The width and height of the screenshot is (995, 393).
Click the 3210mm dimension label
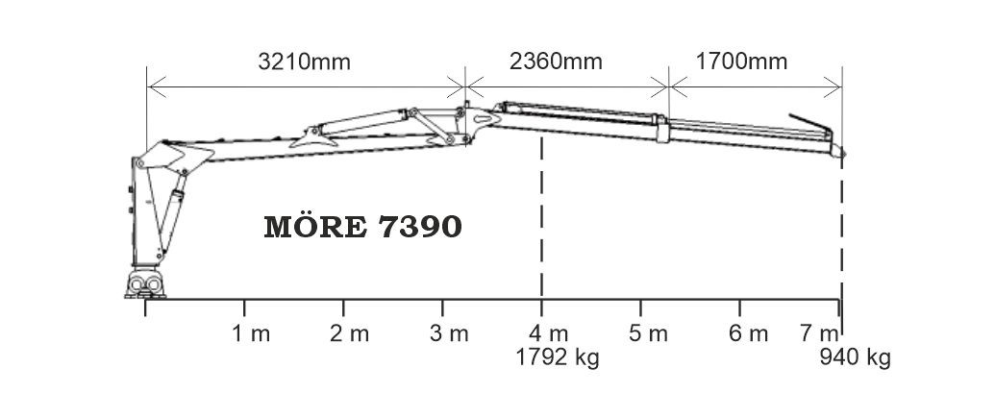tap(304, 62)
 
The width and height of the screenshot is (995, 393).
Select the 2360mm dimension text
tap(556, 62)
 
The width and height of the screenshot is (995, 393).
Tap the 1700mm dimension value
tap(741, 62)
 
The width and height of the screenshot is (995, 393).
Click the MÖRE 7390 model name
tap(362, 227)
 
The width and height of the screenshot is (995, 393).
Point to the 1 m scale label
tap(251, 333)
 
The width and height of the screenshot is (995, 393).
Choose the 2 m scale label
tap(349, 333)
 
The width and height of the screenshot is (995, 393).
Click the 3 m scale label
tap(449, 333)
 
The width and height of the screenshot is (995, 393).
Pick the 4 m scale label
tap(548, 333)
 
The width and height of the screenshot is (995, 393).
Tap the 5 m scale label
tap(648, 333)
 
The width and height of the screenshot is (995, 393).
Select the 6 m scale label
tap(748, 333)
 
